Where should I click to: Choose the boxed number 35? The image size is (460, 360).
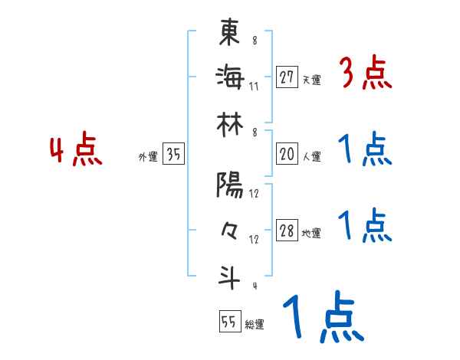(x=173, y=155)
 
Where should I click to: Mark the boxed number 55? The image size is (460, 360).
(x=228, y=322)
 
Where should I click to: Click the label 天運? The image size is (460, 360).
(x=311, y=80)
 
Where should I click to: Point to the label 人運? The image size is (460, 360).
(x=311, y=156)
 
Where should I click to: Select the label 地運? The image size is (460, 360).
(x=311, y=234)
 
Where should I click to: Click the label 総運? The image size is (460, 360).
(x=255, y=324)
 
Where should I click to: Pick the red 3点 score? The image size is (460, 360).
(x=365, y=74)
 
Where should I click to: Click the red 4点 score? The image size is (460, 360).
(x=76, y=150)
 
